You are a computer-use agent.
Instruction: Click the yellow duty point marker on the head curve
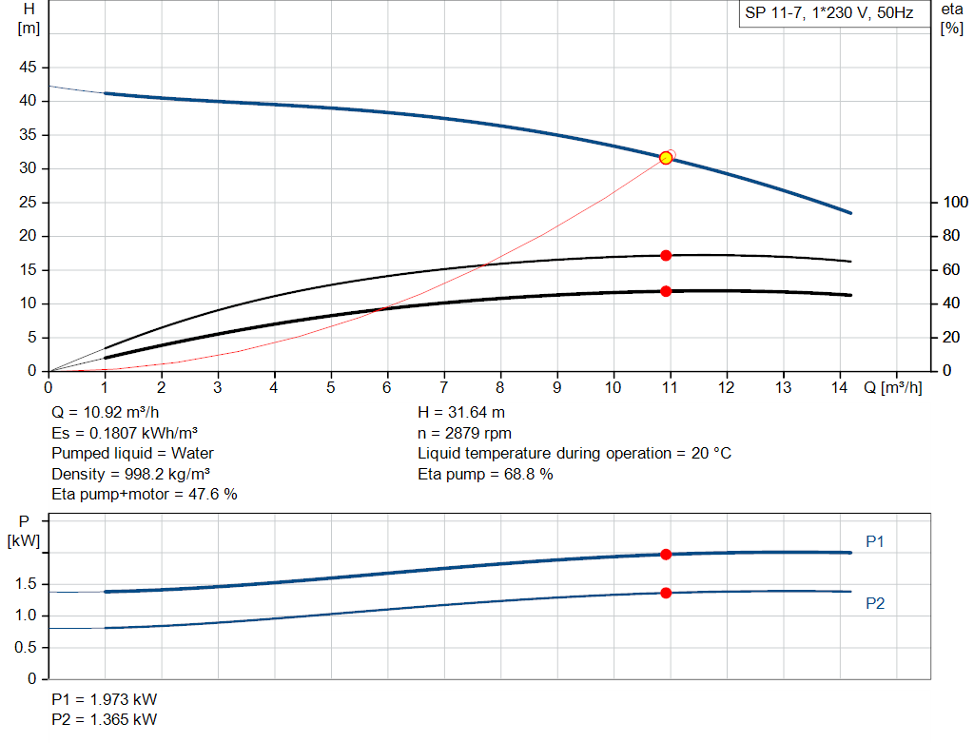coord(666,158)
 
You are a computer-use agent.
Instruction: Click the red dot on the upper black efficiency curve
coord(666,255)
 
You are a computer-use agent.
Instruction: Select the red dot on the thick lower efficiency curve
coord(666,291)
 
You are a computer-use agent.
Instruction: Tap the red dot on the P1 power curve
coord(666,555)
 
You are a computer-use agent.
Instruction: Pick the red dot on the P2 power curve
coord(666,593)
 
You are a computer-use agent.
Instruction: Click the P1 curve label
coord(875,542)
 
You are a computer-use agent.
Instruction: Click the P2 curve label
coord(875,603)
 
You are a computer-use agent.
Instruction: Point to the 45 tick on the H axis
coord(29,68)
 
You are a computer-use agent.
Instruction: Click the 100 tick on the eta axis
coord(953,203)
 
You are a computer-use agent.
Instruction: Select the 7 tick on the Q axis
coord(444,387)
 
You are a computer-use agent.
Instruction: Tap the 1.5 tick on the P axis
coord(28,584)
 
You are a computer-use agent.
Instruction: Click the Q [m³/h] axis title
coord(892,387)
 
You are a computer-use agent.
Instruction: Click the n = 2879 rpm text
coord(464,433)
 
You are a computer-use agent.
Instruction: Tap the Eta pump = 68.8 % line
coord(485,474)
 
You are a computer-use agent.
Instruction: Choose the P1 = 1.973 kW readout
coord(105,699)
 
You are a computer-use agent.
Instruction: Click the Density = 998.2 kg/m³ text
coord(131,474)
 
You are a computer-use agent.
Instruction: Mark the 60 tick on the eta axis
coord(949,270)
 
